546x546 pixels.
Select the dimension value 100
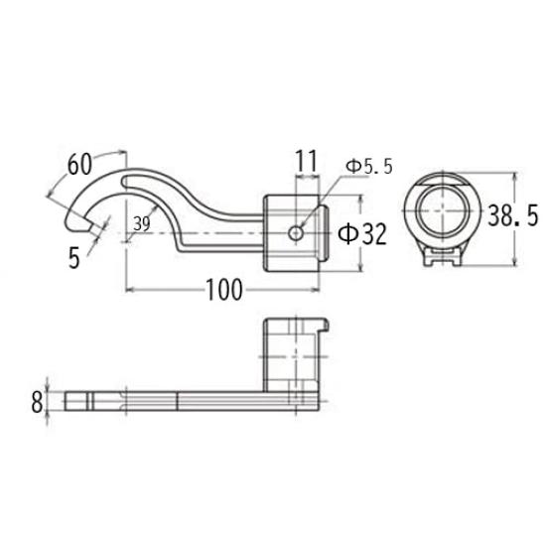click(224, 290)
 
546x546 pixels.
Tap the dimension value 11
click(306, 159)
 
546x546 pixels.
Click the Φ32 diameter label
click(362, 234)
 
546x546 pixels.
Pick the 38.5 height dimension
click(513, 212)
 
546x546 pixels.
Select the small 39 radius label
click(141, 224)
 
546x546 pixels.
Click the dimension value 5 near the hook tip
click(74, 257)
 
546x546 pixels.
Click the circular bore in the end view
click(440, 214)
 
